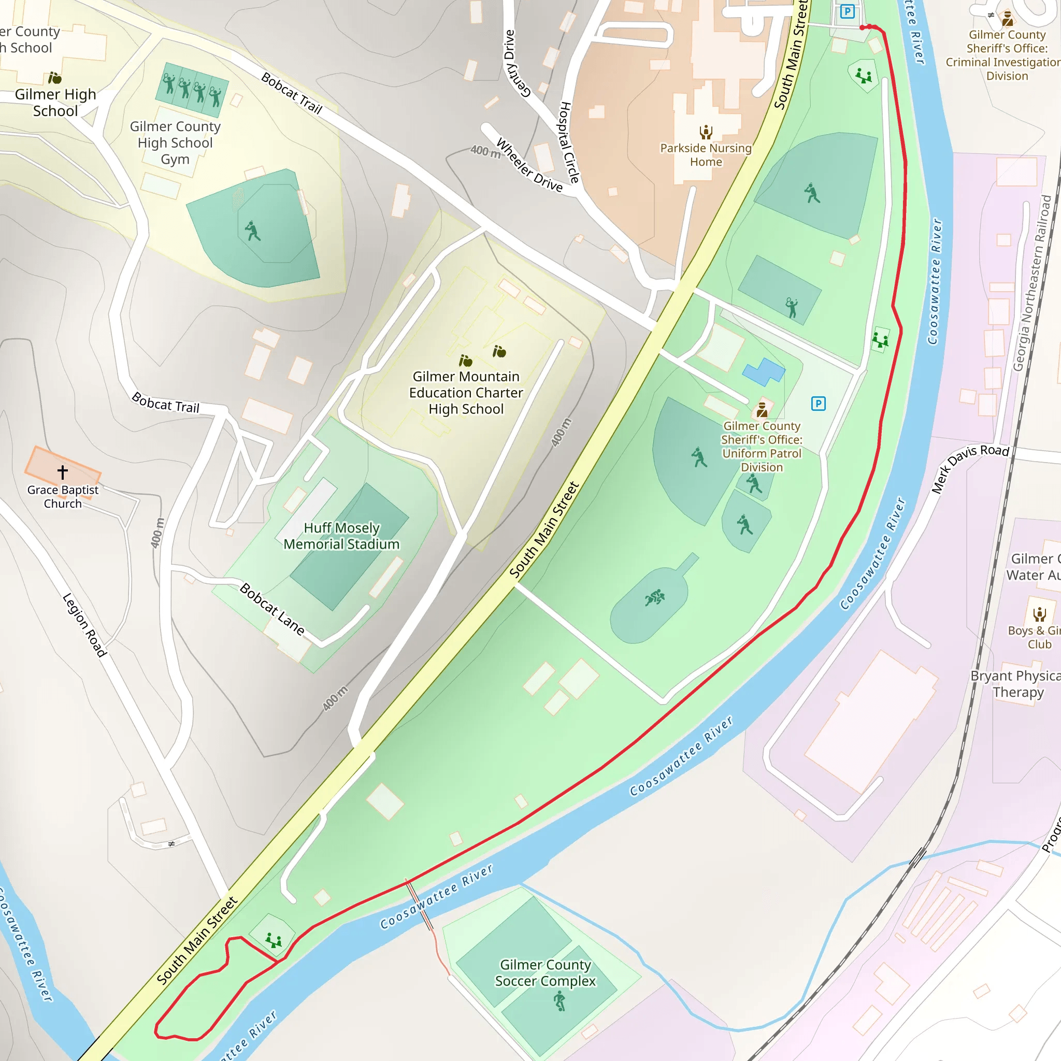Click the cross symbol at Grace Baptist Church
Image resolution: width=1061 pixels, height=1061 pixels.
[63, 472]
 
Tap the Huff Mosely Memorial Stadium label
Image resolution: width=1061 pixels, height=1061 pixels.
[341, 536]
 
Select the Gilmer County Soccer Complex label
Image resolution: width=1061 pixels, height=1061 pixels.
[545, 972]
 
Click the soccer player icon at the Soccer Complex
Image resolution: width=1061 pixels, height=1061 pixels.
[559, 1000]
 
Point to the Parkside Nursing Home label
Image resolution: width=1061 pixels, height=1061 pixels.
[706, 155]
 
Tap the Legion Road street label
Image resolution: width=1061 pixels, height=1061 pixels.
[84, 625]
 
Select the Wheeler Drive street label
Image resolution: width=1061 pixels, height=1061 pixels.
[529, 165]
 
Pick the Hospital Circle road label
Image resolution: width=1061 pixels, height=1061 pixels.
[569, 142]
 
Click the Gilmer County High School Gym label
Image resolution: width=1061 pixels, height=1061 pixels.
[175, 143]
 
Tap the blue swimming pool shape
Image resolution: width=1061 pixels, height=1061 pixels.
[763, 372]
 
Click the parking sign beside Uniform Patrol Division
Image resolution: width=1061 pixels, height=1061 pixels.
[818, 404]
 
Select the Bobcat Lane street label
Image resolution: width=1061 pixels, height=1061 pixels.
[273, 609]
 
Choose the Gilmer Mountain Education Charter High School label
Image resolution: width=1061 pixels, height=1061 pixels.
[466, 393]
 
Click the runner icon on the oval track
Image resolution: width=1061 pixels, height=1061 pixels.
[654, 597]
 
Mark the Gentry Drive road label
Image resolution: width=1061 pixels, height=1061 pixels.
[516, 64]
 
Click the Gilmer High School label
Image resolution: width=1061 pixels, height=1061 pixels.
[55, 103]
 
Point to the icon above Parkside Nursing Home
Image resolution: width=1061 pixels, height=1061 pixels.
[706, 132]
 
